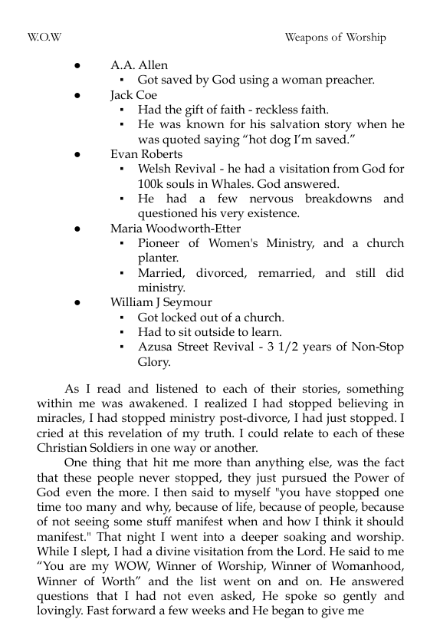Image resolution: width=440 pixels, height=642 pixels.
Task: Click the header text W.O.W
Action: (44, 37)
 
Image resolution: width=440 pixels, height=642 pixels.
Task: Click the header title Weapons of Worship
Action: (335, 37)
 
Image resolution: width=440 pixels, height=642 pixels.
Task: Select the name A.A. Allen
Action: (139, 65)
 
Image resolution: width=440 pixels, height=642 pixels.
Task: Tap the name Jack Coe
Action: (134, 95)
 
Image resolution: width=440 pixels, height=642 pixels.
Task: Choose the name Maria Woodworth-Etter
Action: (176, 229)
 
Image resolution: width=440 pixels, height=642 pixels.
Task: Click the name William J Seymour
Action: (161, 302)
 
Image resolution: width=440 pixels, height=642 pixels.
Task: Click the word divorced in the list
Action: (227, 273)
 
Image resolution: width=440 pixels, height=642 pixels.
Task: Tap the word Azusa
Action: (156, 347)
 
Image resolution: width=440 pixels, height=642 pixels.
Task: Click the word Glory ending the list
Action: (154, 362)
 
